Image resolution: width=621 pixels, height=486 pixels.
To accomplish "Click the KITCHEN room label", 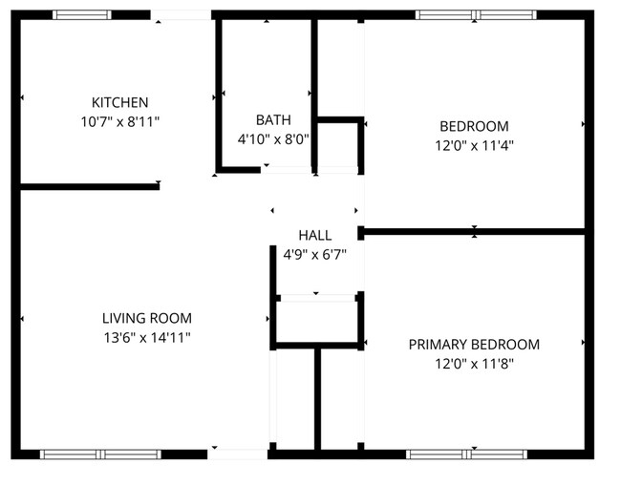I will click(119, 102).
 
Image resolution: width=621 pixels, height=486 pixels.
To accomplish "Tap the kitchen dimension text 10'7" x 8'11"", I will click(119, 121).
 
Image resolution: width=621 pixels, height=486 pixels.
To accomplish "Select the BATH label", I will click(273, 119).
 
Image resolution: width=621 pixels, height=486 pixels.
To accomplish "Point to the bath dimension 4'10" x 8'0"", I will click(273, 138).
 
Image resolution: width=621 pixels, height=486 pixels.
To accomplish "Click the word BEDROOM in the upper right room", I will click(473, 126).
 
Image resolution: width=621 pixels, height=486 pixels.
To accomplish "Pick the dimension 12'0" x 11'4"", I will click(473, 146).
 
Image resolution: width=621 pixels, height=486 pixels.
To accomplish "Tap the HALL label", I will click(314, 235).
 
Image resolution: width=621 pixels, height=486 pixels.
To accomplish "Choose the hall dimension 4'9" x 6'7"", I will click(314, 254).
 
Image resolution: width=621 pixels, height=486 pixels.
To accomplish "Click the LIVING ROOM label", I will click(147, 318).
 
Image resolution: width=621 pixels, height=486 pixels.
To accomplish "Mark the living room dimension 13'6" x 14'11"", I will click(147, 337).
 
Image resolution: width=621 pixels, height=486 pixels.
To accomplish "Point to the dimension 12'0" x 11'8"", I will click(473, 364).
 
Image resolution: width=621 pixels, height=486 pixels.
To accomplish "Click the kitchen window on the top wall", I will click(81, 15).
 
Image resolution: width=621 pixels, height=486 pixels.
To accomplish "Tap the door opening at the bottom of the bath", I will click(286, 170).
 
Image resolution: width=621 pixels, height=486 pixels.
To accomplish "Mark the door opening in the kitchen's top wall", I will click(182, 15).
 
